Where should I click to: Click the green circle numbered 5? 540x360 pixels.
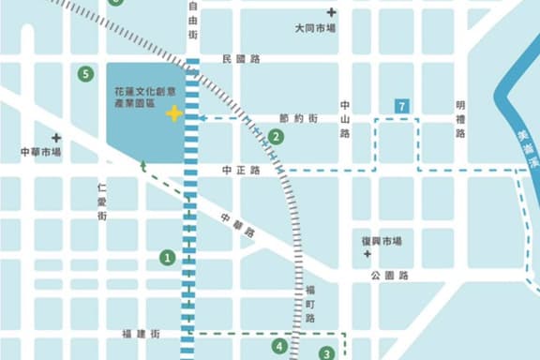(x=86, y=73)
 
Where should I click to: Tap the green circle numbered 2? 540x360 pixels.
(x=276, y=136)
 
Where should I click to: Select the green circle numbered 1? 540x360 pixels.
(x=168, y=256)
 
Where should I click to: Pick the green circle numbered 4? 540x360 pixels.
(x=279, y=346)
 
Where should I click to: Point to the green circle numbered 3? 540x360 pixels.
(x=326, y=353)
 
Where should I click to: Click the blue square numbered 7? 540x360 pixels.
(x=403, y=106)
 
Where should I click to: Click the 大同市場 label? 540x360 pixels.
(x=316, y=28)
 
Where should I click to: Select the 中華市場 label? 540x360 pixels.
(x=40, y=151)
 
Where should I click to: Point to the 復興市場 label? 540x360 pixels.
(x=382, y=241)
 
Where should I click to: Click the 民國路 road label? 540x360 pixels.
(x=241, y=59)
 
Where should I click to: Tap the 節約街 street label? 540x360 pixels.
(x=298, y=119)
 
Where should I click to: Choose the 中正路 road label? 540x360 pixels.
(x=241, y=171)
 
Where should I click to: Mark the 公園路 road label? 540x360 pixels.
(x=389, y=276)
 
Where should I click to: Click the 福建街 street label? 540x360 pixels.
(x=142, y=334)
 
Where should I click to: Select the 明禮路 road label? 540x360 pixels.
(x=460, y=120)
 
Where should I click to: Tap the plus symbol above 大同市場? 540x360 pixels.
(x=331, y=12)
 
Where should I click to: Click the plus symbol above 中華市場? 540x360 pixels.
(x=57, y=137)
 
